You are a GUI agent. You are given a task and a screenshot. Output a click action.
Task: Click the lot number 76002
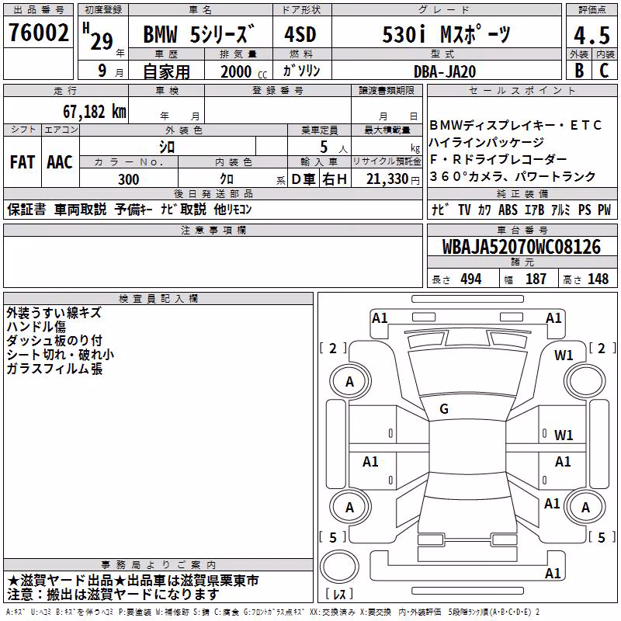[x=38, y=33]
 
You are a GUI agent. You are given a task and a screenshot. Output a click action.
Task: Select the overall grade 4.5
[x=592, y=35]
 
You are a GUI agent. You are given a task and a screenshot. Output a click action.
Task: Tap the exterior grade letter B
[x=579, y=71]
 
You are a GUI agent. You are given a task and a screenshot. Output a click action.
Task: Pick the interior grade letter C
[x=604, y=71]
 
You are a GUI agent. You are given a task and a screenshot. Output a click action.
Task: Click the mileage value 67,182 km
[x=95, y=112]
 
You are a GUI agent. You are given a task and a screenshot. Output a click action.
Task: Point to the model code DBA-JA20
[x=445, y=71]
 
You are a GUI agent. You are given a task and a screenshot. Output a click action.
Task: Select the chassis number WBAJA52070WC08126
[x=521, y=247]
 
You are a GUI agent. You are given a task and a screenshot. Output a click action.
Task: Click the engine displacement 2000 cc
[x=244, y=71]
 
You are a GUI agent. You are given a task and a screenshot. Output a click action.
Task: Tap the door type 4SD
[x=300, y=34]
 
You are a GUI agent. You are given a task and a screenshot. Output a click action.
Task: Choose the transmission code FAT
[x=23, y=162]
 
